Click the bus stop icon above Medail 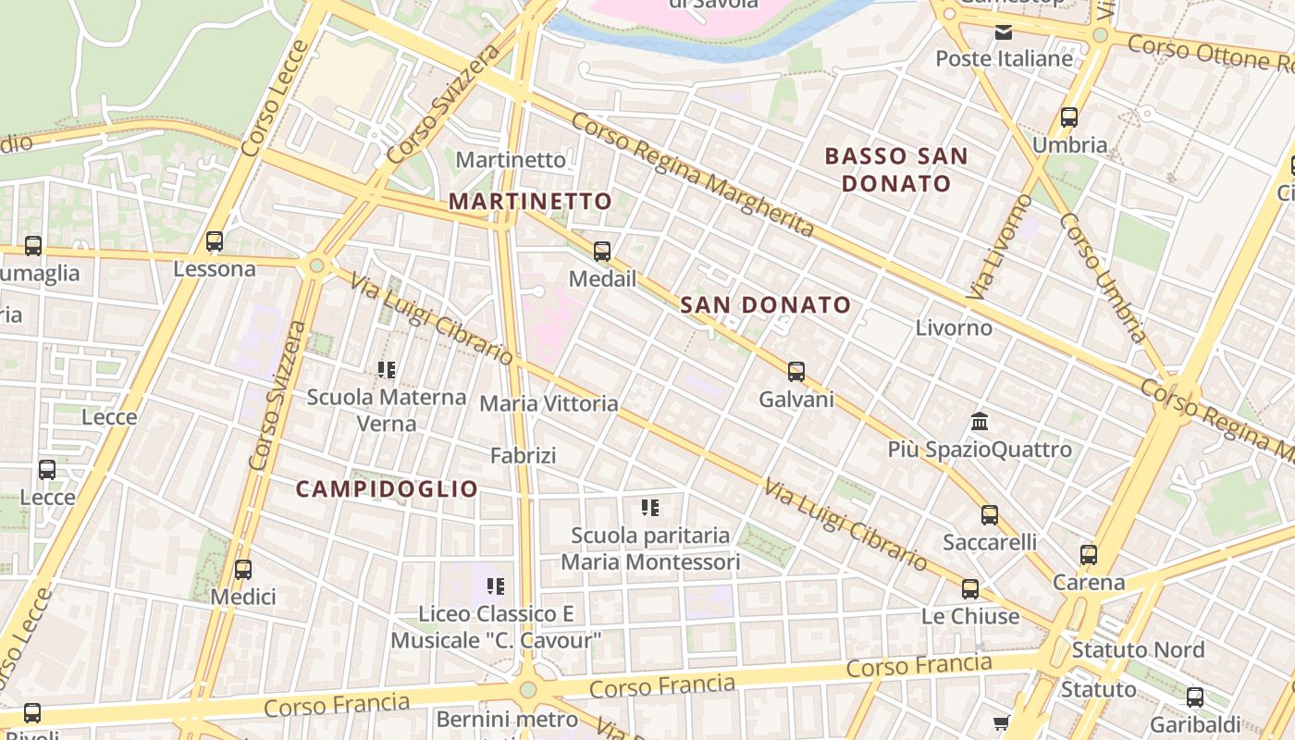(x=602, y=251)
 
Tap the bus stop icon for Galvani (x=795, y=372)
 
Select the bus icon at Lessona (x=215, y=241)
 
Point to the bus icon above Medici (x=243, y=570)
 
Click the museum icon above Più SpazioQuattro (x=980, y=422)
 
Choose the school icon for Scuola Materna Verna (x=387, y=370)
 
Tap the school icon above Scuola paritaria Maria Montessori (x=650, y=507)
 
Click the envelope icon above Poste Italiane (x=1004, y=33)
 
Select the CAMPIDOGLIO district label (x=387, y=489)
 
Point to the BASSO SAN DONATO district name (x=896, y=169)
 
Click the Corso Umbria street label (x=1104, y=277)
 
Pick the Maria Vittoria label (x=549, y=403)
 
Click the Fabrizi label (x=523, y=455)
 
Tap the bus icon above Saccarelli (x=990, y=515)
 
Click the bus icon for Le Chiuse (x=970, y=588)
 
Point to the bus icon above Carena (x=1089, y=555)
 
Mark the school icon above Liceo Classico (x=496, y=586)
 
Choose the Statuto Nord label (x=1138, y=650)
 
